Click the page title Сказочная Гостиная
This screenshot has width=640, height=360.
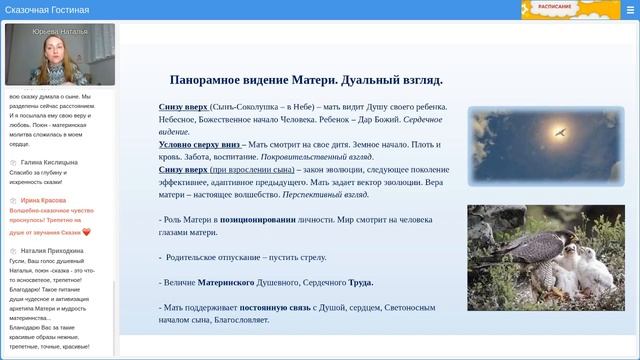(47, 10)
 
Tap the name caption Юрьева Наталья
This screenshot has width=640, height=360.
(59, 30)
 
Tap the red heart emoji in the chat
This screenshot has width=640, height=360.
(87, 232)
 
